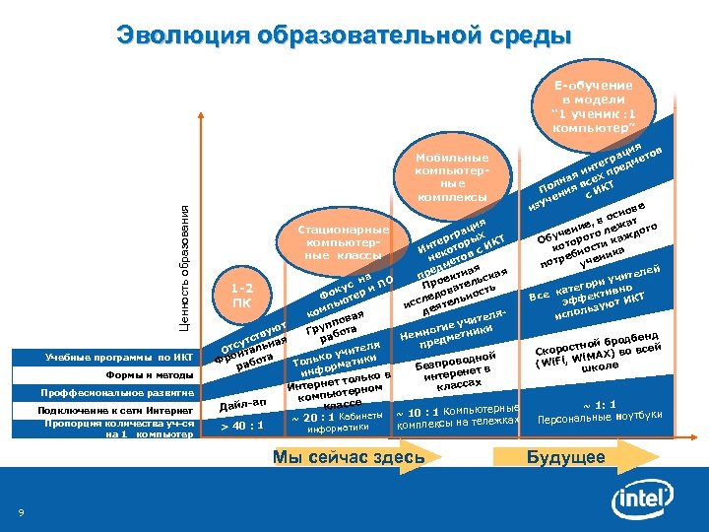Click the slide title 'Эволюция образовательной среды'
tap(344, 36)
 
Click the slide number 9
tap(22, 510)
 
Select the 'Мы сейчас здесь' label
tap(349, 457)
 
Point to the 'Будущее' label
tap(566, 457)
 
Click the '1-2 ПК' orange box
tap(240, 295)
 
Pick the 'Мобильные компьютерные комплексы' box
tap(453, 177)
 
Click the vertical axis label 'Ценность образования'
tap(183, 265)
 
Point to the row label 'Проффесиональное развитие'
tap(116, 393)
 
